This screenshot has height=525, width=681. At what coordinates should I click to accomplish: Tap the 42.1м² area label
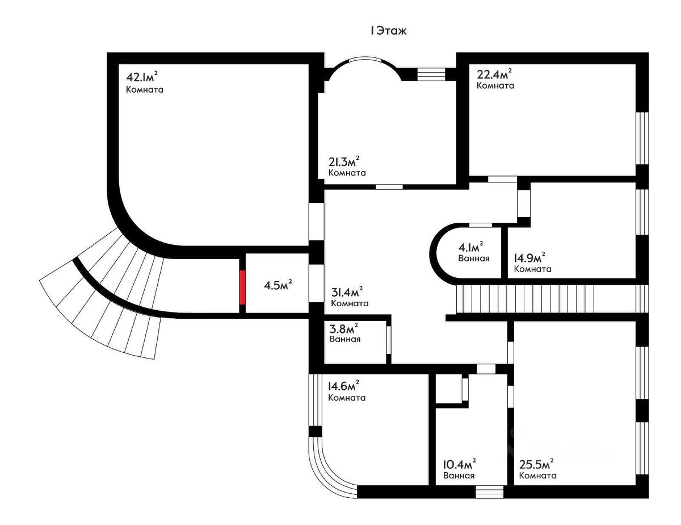click(x=142, y=76)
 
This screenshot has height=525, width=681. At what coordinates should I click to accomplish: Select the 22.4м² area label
click(x=494, y=74)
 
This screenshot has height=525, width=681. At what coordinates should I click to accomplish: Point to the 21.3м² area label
click(x=344, y=161)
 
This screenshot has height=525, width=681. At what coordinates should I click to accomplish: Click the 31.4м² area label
click(x=347, y=291)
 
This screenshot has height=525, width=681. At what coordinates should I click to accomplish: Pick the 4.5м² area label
click(x=278, y=285)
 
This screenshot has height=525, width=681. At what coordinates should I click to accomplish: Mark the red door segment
click(x=242, y=287)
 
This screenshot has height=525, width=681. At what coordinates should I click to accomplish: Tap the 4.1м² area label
click(x=470, y=247)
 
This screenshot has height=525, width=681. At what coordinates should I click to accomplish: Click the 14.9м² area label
click(x=529, y=258)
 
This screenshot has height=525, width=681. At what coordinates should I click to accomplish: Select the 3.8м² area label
click(x=344, y=328)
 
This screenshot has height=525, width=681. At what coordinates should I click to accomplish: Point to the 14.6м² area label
click(x=344, y=386)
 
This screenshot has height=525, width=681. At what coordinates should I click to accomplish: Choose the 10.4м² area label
click(x=460, y=464)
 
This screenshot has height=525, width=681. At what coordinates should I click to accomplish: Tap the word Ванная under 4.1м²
click(x=474, y=259)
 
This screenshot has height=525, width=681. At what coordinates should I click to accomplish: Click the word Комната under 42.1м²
click(x=145, y=90)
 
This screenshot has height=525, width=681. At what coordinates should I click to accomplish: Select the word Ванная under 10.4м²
click(x=459, y=476)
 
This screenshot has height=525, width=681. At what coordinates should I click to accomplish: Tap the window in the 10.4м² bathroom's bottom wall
click(x=490, y=491)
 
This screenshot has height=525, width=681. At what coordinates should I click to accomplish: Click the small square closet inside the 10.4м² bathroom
click(x=449, y=390)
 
